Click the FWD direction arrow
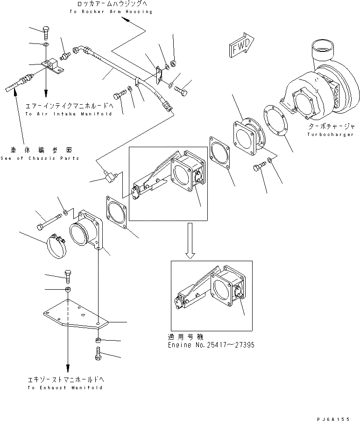240,46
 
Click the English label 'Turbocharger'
326,135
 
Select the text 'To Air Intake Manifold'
68,114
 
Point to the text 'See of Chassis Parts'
40,158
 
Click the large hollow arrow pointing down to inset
190,240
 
